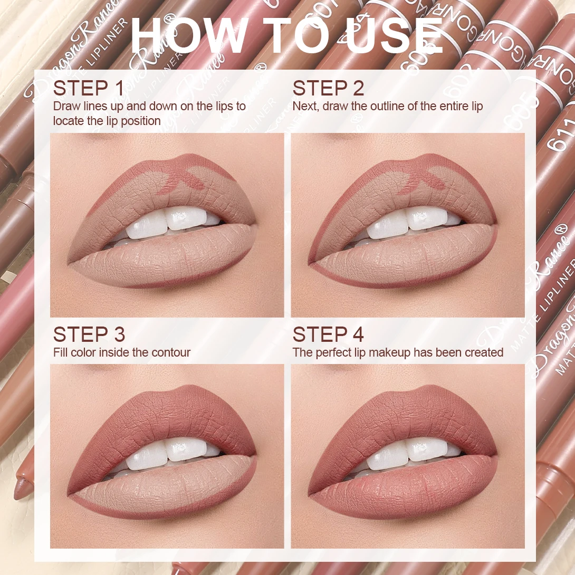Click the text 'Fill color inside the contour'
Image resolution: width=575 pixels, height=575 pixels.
(x=122, y=352)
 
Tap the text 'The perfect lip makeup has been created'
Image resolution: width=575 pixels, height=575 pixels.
(x=398, y=352)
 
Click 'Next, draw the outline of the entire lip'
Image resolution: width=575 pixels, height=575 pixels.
(x=387, y=106)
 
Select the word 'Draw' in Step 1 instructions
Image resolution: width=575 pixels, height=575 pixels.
(x=66, y=106)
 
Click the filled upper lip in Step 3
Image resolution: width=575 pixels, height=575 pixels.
(x=169, y=417)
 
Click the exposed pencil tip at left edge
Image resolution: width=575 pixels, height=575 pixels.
(x=21, y=488)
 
